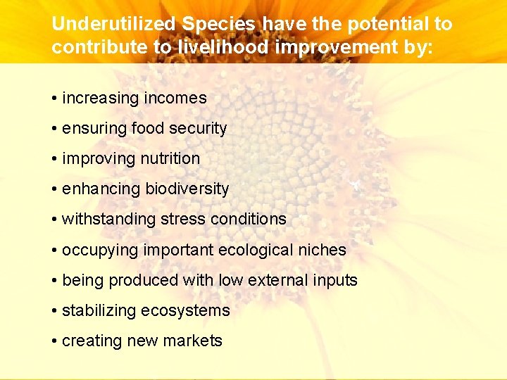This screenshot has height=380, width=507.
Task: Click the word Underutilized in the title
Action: (113, 24)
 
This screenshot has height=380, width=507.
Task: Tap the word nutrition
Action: (169, 159)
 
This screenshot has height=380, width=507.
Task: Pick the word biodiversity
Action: (187, 189)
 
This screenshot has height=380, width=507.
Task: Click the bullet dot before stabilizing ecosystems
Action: (54, 311)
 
